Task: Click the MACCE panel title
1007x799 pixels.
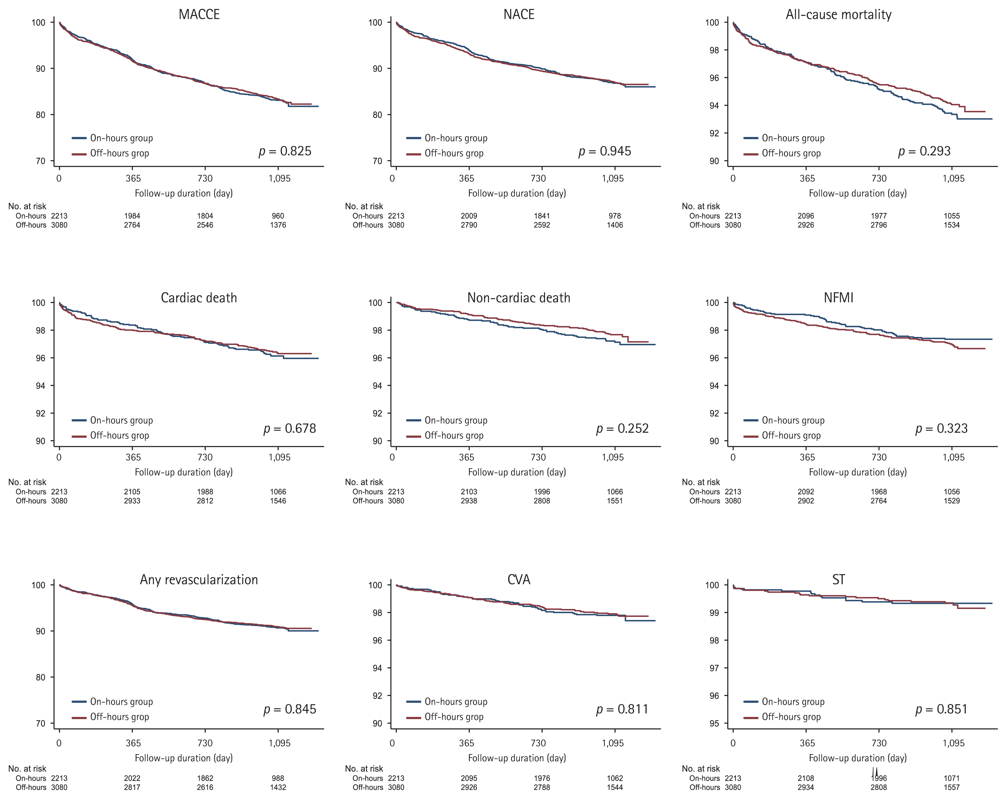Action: pos(199,14)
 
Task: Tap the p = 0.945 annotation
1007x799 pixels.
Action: pos(605,151)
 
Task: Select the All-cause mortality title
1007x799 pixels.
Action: pos(839,14)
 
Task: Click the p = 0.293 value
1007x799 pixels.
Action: pos(924,151)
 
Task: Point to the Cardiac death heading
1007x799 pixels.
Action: pos(199,298)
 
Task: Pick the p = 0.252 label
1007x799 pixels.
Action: pos(622,429)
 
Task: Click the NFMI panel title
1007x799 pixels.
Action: pos(839,298)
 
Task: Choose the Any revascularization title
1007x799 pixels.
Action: pos(199,580)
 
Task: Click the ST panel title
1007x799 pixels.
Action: pos(839,580)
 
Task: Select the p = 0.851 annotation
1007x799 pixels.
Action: pos(941,709)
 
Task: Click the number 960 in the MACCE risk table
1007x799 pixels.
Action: pos(278,216)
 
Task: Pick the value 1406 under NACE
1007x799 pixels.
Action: pos(615,225)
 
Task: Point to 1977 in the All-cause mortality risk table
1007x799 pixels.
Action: pos(879,216)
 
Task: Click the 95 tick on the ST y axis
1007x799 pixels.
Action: pos(714,723)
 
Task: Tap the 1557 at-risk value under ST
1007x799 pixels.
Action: pos(951,787)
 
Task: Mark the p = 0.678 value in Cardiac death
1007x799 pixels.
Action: pos(290,429)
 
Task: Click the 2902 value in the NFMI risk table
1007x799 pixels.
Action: pos(806,501)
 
